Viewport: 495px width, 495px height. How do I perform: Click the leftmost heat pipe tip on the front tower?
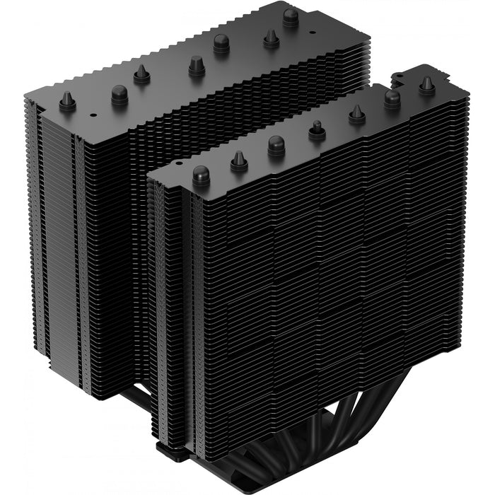pyautogui.click(x=201, y=173)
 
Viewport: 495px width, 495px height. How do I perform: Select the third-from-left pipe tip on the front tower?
pyautogui.click(x=276, y=145)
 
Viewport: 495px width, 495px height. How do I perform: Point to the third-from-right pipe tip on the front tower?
pyautogui.click(x=357, y=112)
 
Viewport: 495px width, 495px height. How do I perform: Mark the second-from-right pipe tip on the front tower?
pyautogui.click(x=392, y=98)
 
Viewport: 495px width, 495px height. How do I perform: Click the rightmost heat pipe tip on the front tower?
pyautogui.click(x=426, y=85)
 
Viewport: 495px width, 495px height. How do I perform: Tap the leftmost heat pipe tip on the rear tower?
pyautogui.click(x=68, y=101)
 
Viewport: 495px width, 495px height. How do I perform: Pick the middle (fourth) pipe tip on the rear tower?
pyautogui.click(x=197, y=65)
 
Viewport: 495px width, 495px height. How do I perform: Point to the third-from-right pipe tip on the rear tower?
pyautogui.click(x=221, y=42)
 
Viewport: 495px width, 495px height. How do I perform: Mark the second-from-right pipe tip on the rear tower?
pyautogui.click(x=271, y=37)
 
